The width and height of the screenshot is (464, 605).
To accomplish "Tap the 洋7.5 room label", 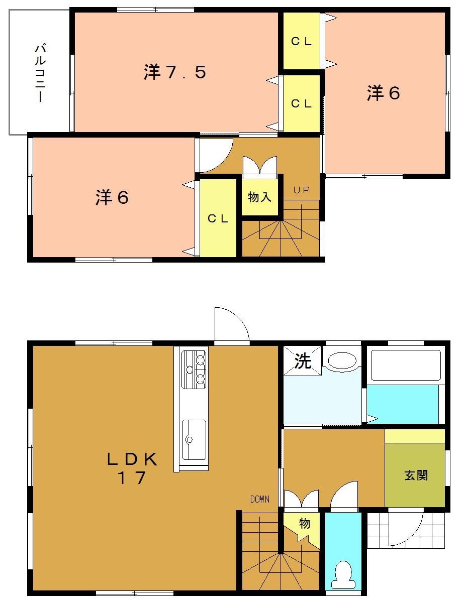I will click(x=175, y=73).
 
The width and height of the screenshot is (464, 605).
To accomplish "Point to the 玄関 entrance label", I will click(x=416, y=475).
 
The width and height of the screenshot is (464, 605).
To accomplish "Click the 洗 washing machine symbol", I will click(x=302, y=361).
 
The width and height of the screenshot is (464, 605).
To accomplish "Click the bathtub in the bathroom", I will click(x=405, y=365).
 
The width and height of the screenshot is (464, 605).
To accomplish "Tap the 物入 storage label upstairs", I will click(x=259, y=197).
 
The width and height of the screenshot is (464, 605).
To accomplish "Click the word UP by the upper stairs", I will click(x=302, y=190).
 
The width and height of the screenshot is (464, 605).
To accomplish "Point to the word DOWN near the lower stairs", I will click(x=260, y=499).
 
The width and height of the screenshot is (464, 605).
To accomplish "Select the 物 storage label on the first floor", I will click(x=305, y=524).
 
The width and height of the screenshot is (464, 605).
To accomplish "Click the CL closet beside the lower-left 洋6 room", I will click(x=219, y=218).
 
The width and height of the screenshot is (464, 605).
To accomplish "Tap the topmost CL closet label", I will click(x=302, y=42).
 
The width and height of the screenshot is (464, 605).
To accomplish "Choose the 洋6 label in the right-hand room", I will click(x=384, y=93).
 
